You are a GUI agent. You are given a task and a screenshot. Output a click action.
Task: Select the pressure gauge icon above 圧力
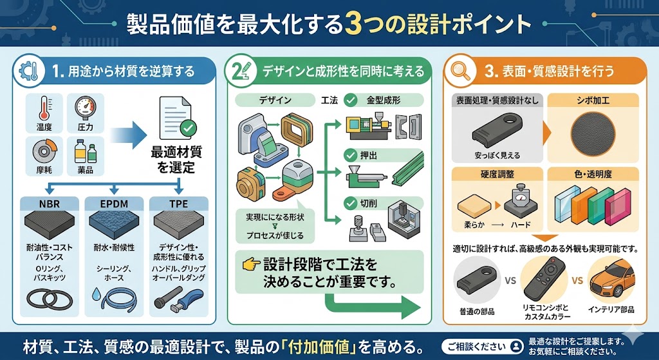85,106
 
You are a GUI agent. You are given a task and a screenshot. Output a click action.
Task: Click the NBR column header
49,204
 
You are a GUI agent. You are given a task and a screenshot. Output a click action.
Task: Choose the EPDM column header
115,204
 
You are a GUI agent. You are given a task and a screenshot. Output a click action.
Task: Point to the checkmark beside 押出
351,155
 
